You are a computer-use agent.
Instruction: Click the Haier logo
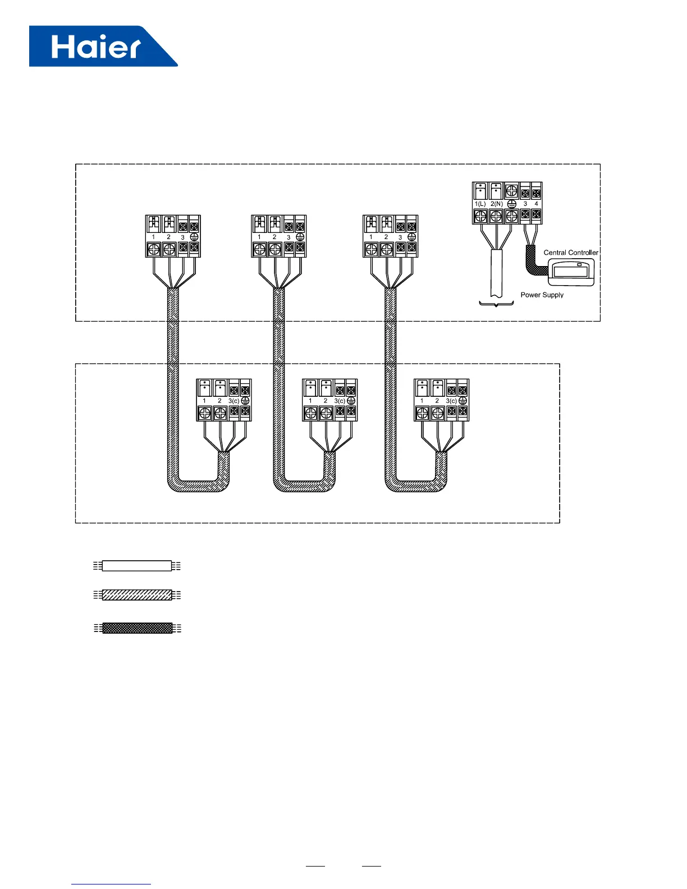coord(103,46)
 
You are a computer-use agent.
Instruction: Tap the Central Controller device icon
coord(570,272)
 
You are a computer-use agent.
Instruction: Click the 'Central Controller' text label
coord(571,253)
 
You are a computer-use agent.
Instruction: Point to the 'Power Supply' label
coord(542,295)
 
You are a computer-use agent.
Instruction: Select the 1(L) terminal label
coord(480,204)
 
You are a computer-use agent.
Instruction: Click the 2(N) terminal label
coord(496,204)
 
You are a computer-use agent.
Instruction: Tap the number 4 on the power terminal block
coord(537,204)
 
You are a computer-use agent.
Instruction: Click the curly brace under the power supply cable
coord(496,304)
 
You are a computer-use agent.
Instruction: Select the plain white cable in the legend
coord(137,566)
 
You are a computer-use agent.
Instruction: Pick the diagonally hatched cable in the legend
coord(137,595)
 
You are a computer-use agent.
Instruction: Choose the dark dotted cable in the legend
coord(137,628)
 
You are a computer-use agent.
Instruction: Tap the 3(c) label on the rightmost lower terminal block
coord(451,401)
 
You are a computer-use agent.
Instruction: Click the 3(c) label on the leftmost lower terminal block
coord(233,401)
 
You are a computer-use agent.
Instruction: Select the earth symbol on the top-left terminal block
coord(194,237)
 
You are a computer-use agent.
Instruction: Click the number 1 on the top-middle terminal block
coord(259,237)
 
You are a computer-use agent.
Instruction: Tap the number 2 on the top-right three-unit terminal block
coord(386,237)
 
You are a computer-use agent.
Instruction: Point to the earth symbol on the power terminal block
coord(511,204)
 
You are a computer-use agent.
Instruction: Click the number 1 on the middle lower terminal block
coord(310,401)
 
